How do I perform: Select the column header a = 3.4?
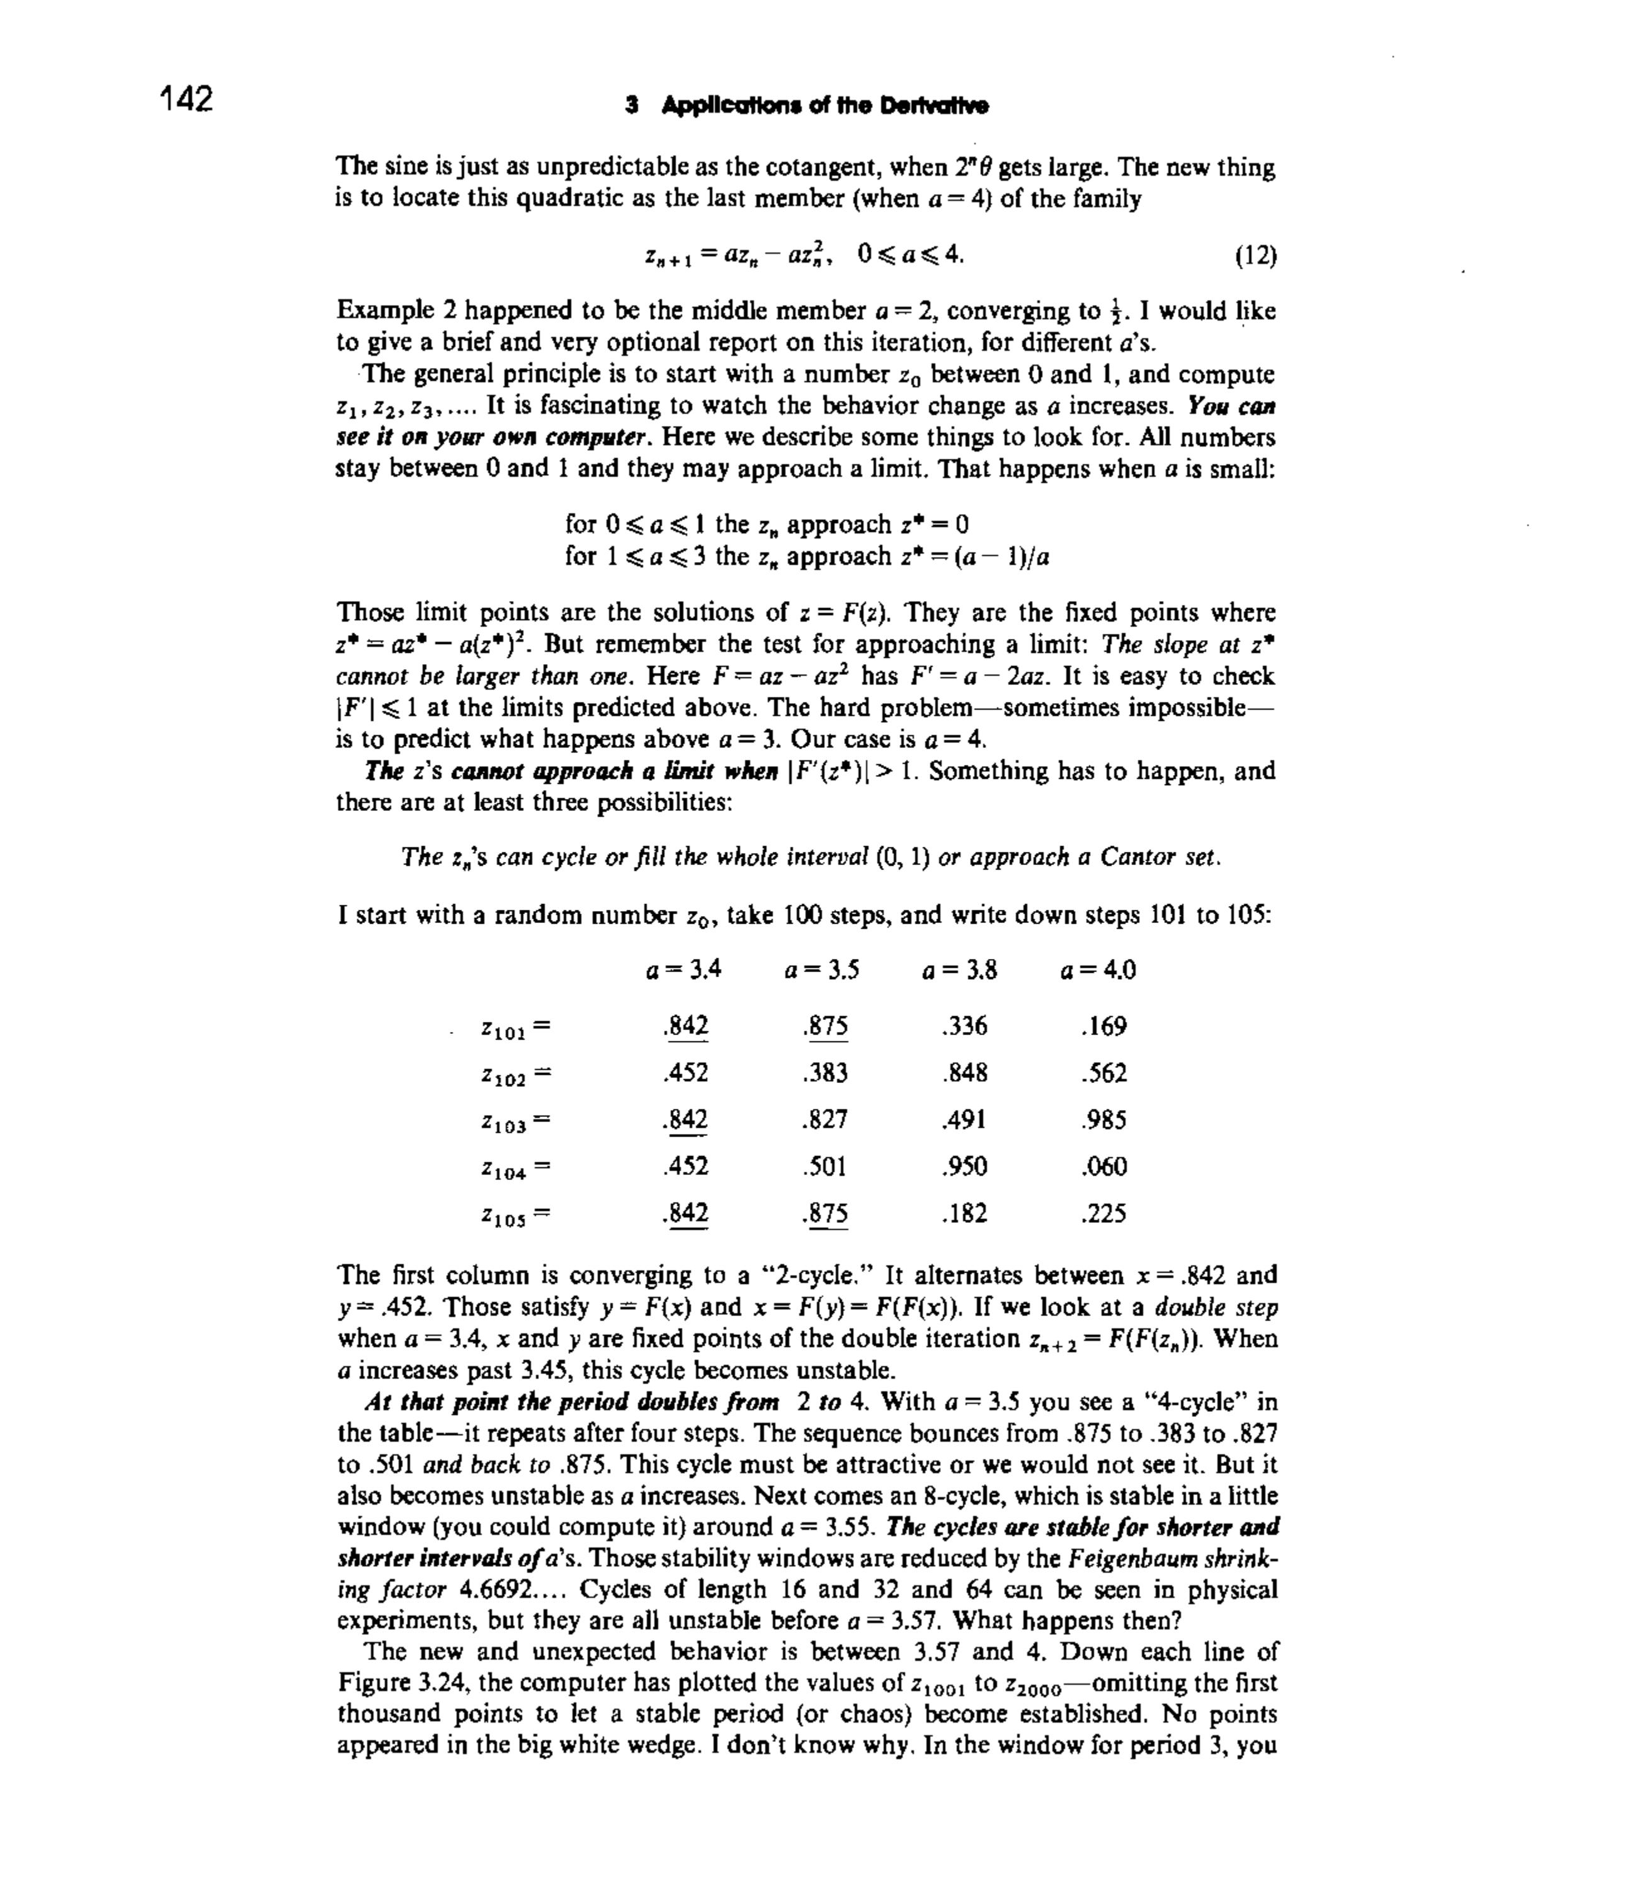point(684,969)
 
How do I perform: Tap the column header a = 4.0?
point(1098,969)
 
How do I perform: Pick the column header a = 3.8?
point(959,969)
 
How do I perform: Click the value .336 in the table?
point(964,1026)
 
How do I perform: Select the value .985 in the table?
point(1103,1120)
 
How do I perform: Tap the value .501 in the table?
point(825,1166)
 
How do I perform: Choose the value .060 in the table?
point(1103,1166)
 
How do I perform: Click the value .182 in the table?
point(964,1213)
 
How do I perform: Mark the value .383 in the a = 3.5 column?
point(825,1073)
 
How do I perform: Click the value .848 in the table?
point(964,1073)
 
